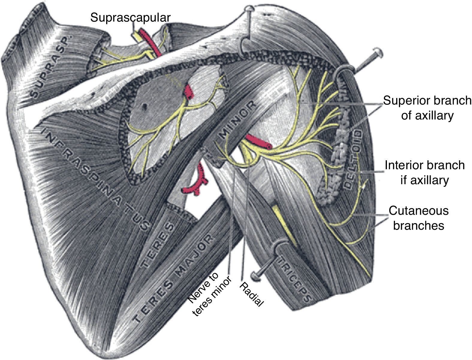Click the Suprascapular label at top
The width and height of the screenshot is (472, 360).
[130, 17]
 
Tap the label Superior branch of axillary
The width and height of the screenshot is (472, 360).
[427, 108]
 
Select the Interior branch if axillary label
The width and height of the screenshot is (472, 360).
[424, 173]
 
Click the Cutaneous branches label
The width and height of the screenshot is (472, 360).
[418, 218]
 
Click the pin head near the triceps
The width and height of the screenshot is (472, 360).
[255, 276]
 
